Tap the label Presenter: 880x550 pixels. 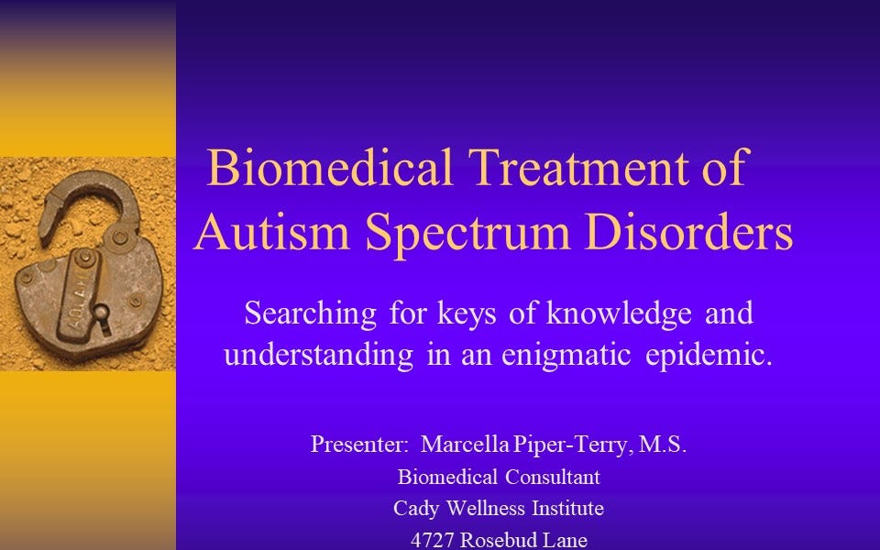359,445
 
